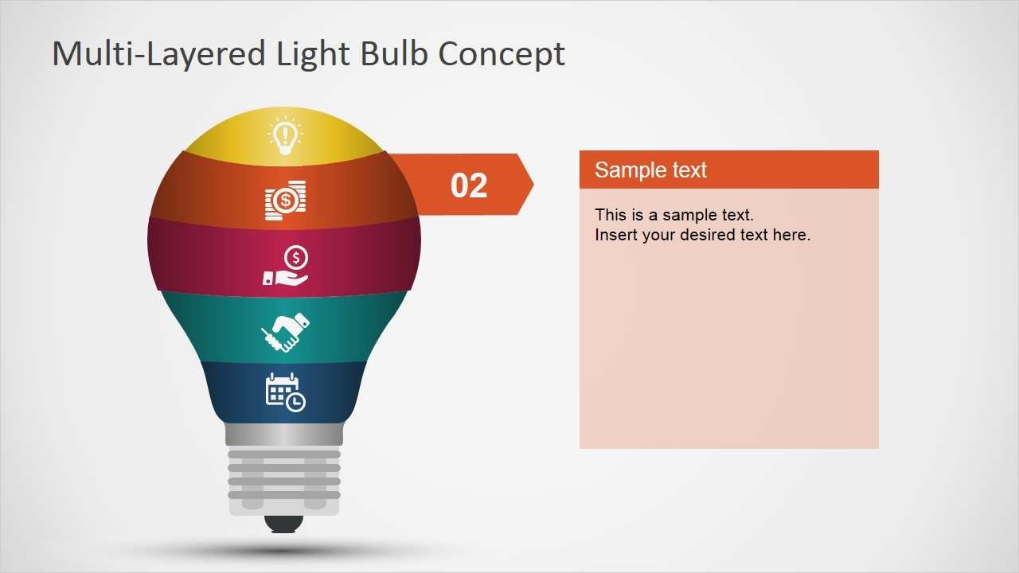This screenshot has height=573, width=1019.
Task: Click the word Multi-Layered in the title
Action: (158, 54)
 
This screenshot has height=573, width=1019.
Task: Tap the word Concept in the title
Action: (502, 54)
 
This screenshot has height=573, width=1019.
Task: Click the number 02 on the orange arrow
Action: (468, 185)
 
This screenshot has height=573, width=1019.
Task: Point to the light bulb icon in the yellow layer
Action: (285, 136)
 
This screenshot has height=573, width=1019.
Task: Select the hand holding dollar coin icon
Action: (287, 265)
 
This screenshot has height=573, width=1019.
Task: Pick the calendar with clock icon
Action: (285, 392)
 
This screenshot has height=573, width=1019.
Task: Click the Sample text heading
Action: (650, 170)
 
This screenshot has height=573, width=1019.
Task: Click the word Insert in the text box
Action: (616, 235)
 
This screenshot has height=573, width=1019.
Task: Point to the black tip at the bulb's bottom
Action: (284, 524)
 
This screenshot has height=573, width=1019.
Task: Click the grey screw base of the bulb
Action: (284, 480)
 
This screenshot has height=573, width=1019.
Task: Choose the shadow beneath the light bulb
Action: (284, 549)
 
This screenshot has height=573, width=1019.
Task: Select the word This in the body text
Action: (611, 215)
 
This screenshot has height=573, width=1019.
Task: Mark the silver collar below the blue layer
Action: (284, 435)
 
